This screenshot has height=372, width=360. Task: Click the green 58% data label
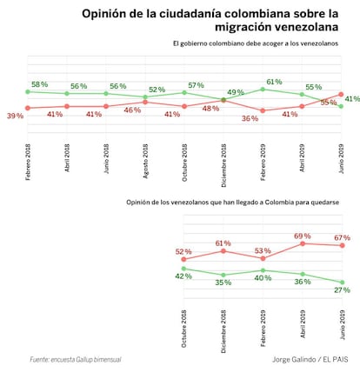tap(39, 84)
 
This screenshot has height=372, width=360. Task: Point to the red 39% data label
tap(15, 116)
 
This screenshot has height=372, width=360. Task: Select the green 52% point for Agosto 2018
tap(145, 96)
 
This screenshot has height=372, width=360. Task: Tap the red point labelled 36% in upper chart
tap(263, 110)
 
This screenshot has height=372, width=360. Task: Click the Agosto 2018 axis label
tap(145, 161)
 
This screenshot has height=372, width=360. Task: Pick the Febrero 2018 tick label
tap(28, 163)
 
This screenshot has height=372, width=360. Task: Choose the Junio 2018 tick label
tap(106, 159)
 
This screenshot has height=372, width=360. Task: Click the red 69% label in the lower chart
tap(303, 236)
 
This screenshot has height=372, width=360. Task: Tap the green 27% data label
tap(342, 290)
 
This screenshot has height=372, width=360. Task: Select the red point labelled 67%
tap(342, 245)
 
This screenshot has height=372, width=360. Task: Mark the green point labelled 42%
tap(183, 269)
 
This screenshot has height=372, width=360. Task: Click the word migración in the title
tap(243, 27)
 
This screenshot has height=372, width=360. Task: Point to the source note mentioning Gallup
tap(76, 360)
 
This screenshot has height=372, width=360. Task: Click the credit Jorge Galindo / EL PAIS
tap(310, 360)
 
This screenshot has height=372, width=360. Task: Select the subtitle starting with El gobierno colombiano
tap(256, 43)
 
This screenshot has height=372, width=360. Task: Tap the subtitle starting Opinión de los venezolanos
tap(232, 203)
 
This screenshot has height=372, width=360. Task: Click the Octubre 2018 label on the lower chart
tap(183, 329)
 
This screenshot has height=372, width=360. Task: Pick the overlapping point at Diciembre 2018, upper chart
tap(223, 100)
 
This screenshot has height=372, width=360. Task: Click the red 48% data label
tap(210, 109)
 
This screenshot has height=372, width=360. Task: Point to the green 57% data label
tap(196, 85)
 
